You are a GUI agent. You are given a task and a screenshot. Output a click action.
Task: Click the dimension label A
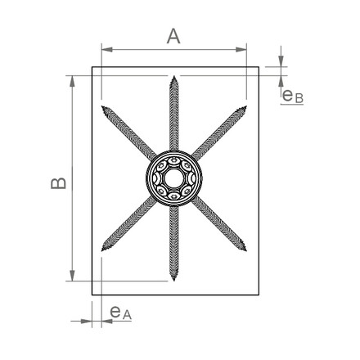click(x=173, y=37)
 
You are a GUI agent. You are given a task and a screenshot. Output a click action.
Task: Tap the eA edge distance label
click(x=121, y=313)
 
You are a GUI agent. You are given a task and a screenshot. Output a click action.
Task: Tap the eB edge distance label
click(x=293, y=97)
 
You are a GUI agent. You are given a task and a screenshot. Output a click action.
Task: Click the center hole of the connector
click(x=173, y=178)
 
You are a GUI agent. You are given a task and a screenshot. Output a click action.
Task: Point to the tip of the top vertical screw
click(x=174, y=76)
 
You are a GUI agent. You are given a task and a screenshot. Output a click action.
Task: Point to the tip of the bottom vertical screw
click(x=174, y=281)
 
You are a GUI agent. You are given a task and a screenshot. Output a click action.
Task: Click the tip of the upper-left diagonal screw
click(x=102, y=106)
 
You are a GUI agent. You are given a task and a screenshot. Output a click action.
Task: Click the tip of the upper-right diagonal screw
click(x=246, y=106)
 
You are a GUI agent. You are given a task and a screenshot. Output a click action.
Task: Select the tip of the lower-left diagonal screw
click(x=102, y=250)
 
